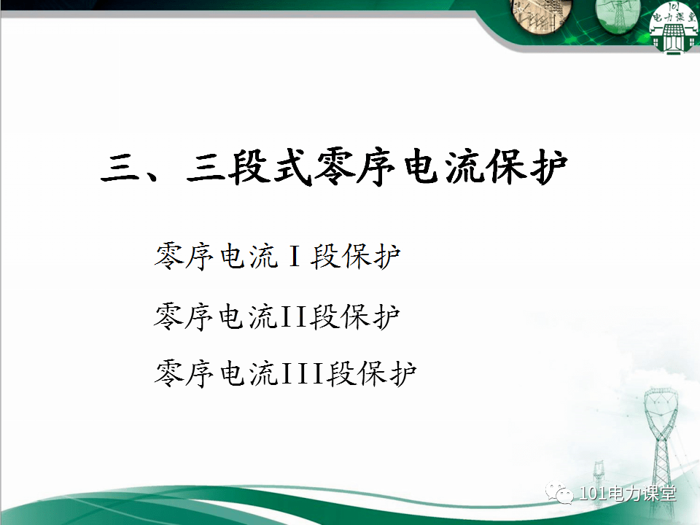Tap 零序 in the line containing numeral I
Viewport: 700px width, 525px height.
coord(184,257)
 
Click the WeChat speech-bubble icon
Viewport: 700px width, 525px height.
coord(563,494)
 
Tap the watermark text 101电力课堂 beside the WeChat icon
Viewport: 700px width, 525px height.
coord(626,494)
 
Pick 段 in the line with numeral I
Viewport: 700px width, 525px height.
coord(325,257)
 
